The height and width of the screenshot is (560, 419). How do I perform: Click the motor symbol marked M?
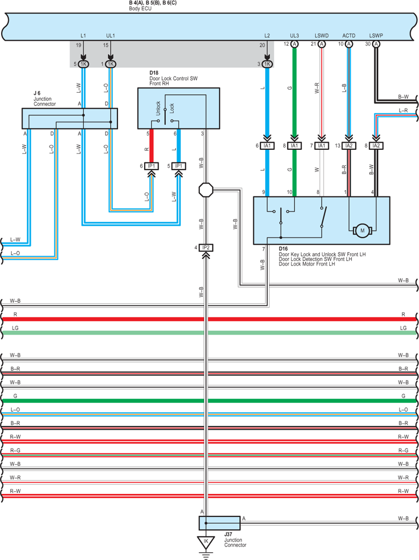(x=362, y=230)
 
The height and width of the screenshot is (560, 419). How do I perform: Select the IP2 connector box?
(x=206, y=247)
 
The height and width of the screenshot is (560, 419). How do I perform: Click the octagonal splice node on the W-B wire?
(x=206, y=190)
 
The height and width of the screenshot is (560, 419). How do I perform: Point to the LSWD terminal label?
(x=321, y=36)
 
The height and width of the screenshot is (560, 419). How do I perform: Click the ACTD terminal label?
(x=349, y=36)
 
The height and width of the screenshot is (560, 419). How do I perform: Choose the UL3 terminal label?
(x=294, y=36)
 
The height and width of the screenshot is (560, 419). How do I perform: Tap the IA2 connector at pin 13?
(x=349, y=146)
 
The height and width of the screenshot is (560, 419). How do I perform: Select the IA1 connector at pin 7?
(x=322, y=146)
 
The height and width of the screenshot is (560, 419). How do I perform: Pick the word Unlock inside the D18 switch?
(x=158, y=108)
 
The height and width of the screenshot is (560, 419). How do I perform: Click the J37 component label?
(x=228, y=535)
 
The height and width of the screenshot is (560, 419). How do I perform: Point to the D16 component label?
(x=283, y=249)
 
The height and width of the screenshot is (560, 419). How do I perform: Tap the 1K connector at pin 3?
(x=267, y=64)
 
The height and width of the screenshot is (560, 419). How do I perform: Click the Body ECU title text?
(x=140, y=8)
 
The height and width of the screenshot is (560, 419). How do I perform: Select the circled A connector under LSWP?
(x=376, y=44)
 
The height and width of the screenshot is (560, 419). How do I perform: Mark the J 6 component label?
(x=37, y=93)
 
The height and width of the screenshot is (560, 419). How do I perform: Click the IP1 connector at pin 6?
(x=151, y=166)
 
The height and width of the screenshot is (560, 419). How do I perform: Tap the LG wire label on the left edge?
(x=15, y=328)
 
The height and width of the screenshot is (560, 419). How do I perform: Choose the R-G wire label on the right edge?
(x=403, y=451)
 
